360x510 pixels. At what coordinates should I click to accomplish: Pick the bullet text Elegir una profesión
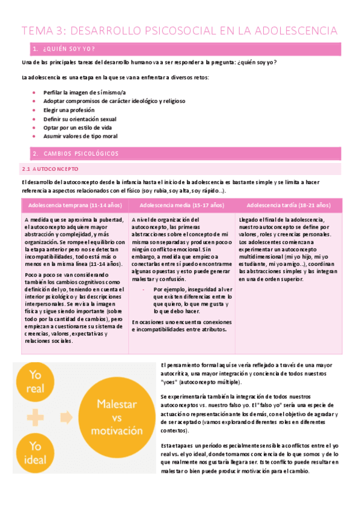69,110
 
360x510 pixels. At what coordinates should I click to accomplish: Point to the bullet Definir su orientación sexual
80,118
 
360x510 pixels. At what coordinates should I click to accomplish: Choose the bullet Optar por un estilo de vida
78,127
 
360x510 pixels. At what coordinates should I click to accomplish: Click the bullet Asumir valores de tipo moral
79,137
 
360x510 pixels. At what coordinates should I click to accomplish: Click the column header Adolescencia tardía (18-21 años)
288,204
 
